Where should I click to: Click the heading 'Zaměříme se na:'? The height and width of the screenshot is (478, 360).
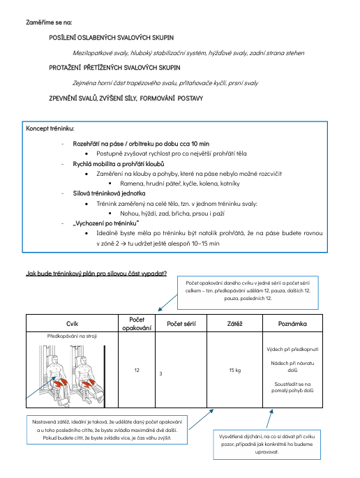[x=49, y=22]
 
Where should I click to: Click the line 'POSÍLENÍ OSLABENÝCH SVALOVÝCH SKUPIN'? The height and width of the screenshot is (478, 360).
[x=111, y=38]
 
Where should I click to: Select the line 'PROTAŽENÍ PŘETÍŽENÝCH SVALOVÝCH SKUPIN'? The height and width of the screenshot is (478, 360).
[x=114, y=68]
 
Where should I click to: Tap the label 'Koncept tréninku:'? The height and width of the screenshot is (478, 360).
[x=50, y=128]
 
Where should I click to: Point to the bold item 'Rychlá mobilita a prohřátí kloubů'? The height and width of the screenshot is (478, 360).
[x=119, y=164]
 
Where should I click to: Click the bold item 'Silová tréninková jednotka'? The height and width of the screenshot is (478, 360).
[x=109, y=193]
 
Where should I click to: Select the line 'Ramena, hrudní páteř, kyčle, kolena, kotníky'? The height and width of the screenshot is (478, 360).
[x=180, y=184]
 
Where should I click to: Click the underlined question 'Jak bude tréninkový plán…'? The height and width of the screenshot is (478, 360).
[x=96, y=274]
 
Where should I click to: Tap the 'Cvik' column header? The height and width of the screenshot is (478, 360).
[x=73, y=324]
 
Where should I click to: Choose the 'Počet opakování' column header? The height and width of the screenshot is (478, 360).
[x=137, y=324]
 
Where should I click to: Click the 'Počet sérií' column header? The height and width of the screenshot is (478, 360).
[x=181, y=324]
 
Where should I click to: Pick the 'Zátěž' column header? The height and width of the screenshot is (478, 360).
[x=234, y=324]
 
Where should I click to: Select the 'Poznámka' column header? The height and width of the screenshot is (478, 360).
[x=292, y=324]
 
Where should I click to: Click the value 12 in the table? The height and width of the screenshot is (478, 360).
[x=137, y=370]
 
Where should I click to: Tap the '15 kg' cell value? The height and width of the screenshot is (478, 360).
[x=234, y=370]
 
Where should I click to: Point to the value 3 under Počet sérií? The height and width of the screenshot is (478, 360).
[x=160, y=373]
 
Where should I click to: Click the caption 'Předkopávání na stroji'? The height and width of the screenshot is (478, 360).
[x=72, y=336]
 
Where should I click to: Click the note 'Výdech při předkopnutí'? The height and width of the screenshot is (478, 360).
[x=292, y=349]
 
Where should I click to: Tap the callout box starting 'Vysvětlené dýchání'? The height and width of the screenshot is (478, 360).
[x=267, y=445]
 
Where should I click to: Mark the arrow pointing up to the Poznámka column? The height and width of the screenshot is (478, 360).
[x=269, y=418]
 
